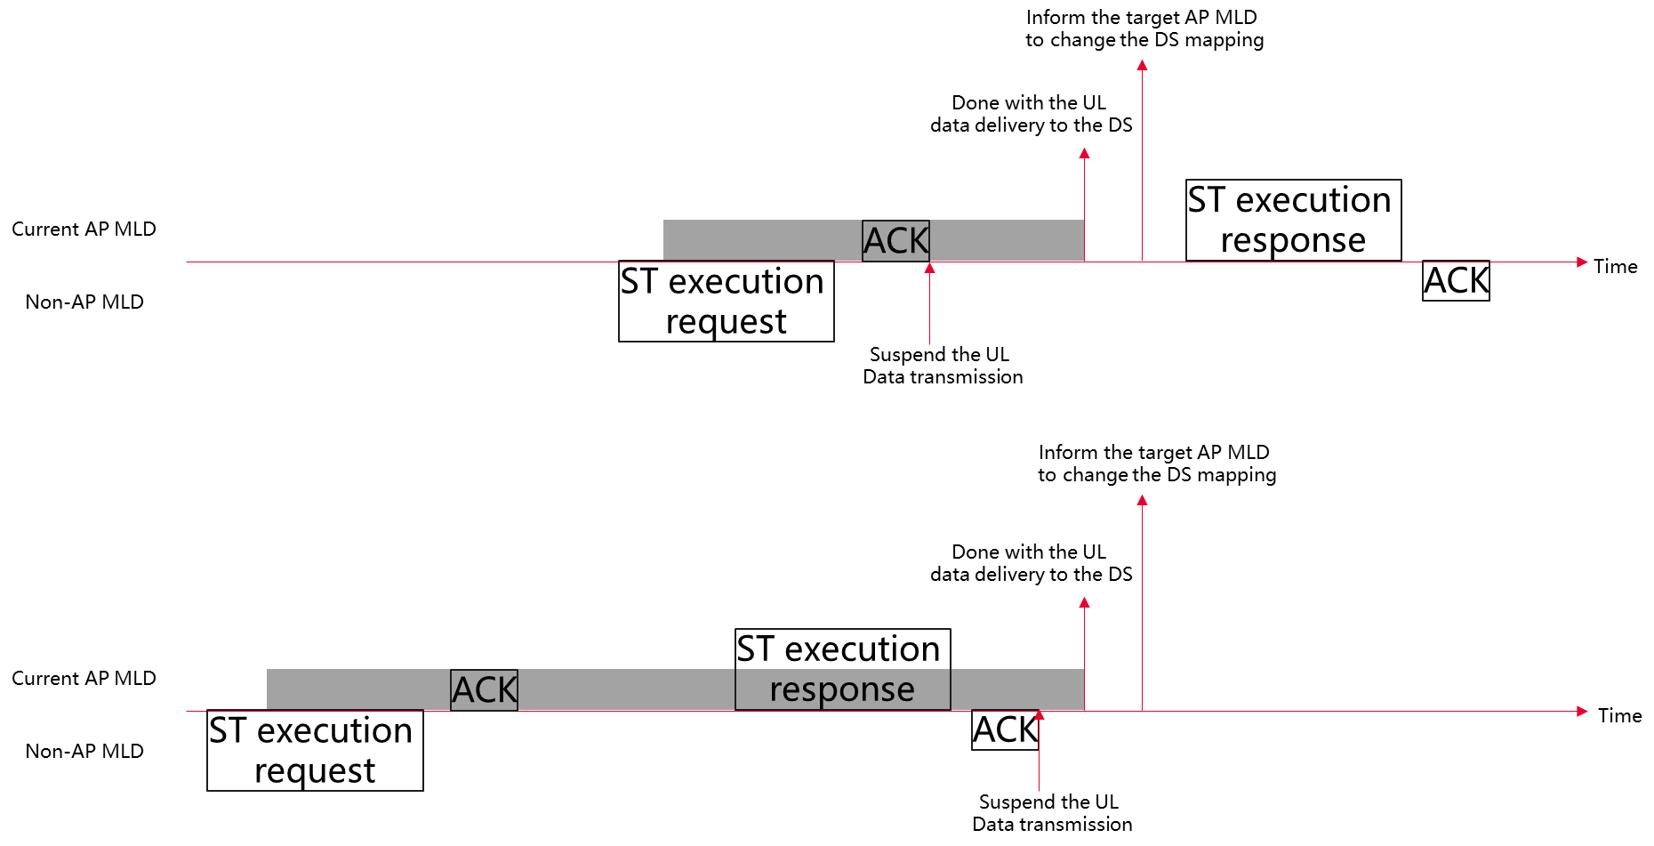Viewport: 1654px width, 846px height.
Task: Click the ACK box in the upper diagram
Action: point(895,241)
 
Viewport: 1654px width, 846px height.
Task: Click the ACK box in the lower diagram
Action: point(484,690)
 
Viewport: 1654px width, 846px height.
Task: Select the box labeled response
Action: point(842,690)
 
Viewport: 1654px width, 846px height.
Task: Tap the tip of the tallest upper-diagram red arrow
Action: point(1142,64)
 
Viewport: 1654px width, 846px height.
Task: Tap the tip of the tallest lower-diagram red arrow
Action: point(1142,500)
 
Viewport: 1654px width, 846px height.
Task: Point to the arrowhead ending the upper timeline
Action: point(1582,262)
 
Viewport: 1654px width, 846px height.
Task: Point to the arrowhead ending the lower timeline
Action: point(1582,711)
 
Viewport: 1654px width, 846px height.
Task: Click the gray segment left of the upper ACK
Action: point(762,240)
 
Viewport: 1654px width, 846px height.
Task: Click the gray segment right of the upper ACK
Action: point(1007,240)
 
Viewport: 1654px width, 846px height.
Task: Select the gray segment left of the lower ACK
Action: point(358,689)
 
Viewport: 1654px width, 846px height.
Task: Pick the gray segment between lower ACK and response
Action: point(626,689)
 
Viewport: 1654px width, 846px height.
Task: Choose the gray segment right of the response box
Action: point(1017,689)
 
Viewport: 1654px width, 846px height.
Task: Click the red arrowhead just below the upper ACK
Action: point(929,268)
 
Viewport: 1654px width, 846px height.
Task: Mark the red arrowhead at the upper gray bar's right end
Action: point(1084,153)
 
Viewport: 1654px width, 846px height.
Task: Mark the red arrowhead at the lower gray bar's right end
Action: point(1084,602)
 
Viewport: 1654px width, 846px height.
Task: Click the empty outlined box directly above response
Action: point(842,649)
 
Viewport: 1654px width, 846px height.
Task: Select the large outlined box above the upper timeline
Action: point(1293,220)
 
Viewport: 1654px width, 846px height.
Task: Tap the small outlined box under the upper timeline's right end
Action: point(1456,281)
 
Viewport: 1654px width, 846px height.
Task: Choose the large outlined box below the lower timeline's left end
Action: point(315,750)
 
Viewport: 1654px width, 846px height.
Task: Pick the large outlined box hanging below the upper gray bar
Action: point(726,302)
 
